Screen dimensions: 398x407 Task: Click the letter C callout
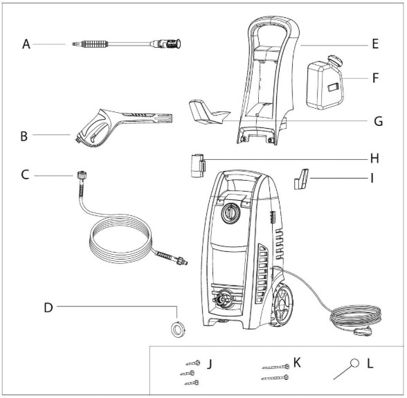(x=26, y=177)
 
